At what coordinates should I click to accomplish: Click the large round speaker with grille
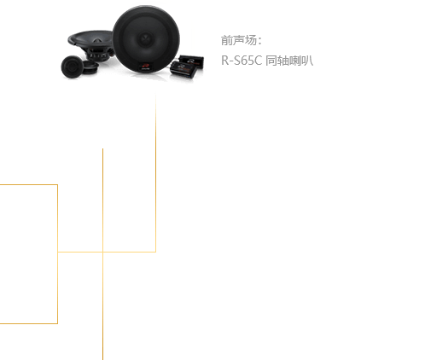[146, 40]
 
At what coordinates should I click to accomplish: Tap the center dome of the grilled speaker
[146, 38]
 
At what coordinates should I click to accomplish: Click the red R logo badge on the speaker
[146, 67]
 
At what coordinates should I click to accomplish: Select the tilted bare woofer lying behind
[91, 45]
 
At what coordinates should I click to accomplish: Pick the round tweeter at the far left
[71, 67]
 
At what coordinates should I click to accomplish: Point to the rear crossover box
[191, 61]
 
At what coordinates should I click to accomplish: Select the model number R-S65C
[242, 61]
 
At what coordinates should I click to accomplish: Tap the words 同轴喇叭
[289, 61]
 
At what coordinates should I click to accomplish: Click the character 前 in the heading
[227, 40]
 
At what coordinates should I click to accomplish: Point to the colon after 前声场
[259, 41]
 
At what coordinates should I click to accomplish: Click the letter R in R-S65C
[224, 61]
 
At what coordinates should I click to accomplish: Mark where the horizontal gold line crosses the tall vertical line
[102, 252]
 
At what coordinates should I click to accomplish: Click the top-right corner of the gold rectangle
[57, 185]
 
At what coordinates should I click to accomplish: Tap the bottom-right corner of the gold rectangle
[57, 323]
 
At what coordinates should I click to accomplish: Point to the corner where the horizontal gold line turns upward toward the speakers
[155, 252]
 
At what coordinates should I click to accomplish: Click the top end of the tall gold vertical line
[102, 148]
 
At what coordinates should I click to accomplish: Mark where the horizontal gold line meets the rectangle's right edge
[58, 252]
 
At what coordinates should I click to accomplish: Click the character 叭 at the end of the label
[307, 61]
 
